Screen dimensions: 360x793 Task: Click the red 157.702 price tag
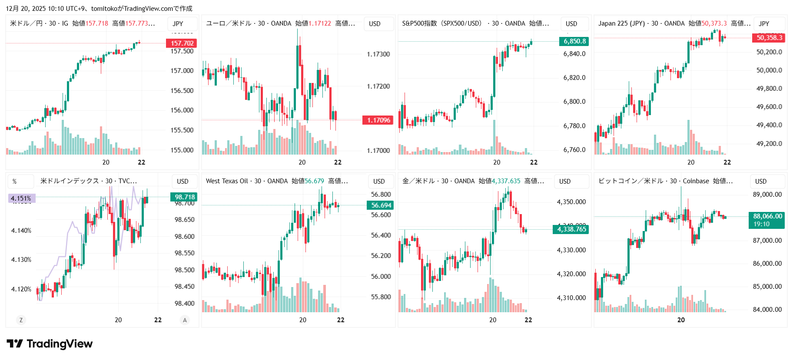[182, 43]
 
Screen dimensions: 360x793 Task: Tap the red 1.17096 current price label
[378, 120]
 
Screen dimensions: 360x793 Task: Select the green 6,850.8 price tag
[574, 41]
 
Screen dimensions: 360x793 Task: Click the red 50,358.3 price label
[769, 38]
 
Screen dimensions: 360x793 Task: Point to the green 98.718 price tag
[185, 197]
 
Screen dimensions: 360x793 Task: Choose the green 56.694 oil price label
[381, 205]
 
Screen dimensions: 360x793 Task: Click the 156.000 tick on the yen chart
[182, 110]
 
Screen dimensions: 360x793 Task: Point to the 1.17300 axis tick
[378, 54]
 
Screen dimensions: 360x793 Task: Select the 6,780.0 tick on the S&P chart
[574, 126]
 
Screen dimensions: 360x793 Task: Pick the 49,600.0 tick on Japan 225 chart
[769, 107]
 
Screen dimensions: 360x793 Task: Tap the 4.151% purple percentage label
[21, 198]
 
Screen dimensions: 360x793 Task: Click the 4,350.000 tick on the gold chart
[571, 202]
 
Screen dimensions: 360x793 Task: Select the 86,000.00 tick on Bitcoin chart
[767, 264]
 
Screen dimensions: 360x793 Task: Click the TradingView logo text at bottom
[59, 344]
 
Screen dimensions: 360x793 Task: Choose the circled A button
[185, 320]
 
